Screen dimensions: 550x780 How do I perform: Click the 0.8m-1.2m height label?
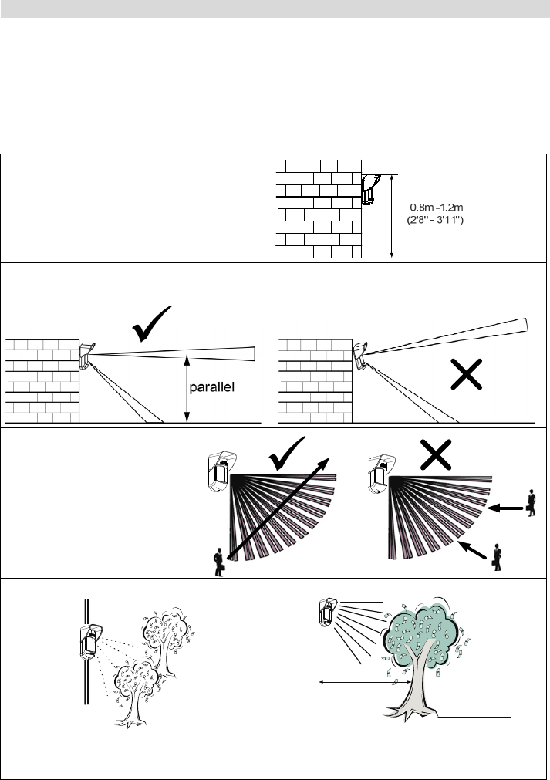coord(438,206)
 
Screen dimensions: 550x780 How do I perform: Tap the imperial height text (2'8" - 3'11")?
coord(438,219)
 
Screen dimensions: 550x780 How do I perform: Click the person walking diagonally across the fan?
coord(220,562)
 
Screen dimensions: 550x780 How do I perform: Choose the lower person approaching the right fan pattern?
coord(497,557)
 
